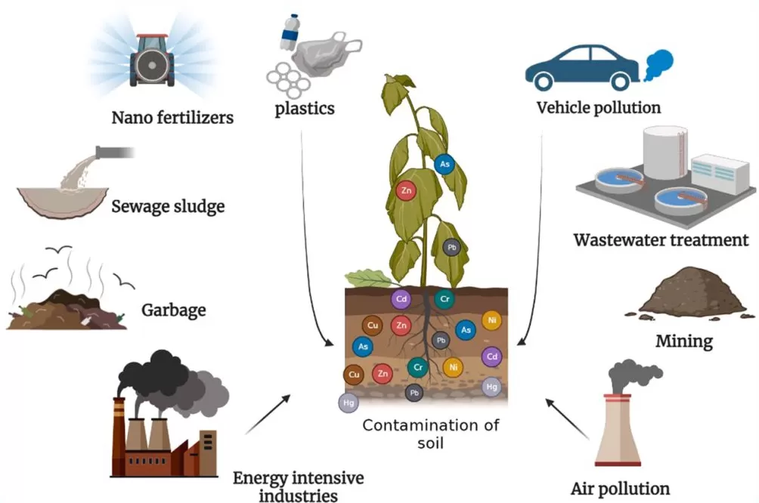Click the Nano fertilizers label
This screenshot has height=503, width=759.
(172, 117)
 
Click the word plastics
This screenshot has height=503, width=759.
(305, 109)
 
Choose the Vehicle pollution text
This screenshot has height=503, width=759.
(598, 107)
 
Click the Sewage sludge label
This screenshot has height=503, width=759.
(167, 206)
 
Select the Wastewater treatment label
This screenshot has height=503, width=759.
(661, 241)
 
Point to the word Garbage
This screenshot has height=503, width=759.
(173, 310)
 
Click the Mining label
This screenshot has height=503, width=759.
(683, 341)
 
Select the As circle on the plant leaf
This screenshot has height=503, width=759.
(445, 163)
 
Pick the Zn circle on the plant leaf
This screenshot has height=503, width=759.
(407, 192)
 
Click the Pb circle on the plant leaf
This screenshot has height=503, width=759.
(451, 247)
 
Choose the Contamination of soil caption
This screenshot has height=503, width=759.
(431, 434)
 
